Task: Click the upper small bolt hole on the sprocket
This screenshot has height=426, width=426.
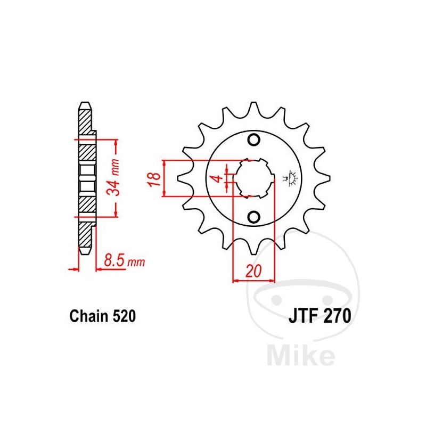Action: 254,140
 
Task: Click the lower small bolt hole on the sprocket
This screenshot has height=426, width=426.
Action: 254,217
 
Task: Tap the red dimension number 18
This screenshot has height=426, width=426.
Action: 154,178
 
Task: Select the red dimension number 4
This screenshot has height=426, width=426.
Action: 217,179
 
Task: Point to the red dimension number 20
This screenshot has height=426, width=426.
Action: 253,271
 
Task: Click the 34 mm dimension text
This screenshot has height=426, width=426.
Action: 113,178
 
